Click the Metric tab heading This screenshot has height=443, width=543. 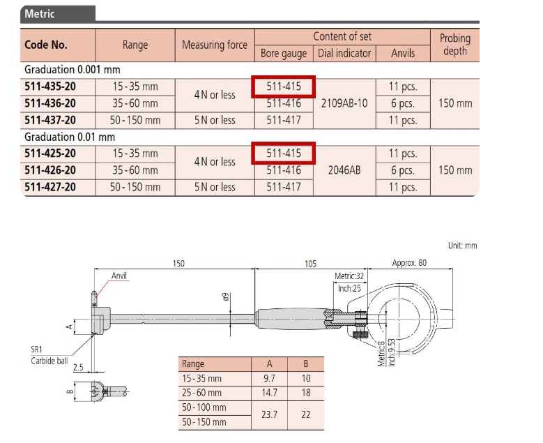click(x=40, y=14)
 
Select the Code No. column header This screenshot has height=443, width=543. click(x=46, y=45)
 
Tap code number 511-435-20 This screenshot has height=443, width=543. click(x=50, y=87)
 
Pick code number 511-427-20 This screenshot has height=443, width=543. click(x=50, y=187)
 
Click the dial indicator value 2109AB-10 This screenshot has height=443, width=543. click(x=344, y=103)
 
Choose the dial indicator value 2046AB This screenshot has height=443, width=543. click(x=344, y=170)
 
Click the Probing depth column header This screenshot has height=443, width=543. click(x=455, y=45)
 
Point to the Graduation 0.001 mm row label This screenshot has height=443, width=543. click(x=72, y=70)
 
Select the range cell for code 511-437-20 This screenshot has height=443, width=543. click(x=135, y=120)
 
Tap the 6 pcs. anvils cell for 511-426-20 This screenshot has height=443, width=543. click(x=403, y=170)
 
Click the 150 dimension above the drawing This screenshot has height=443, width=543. click(x=178, y=264)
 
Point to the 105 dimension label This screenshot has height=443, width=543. click(x=310, y=264)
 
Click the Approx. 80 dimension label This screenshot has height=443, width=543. click(x=409, y=263)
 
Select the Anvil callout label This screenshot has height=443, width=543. click(x=119, y=276)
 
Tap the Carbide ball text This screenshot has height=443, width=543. click(x=49, y=361)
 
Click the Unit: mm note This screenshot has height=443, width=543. click(x=462, y=246)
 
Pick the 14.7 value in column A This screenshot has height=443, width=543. click(x=269, y=393)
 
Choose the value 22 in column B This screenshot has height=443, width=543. click(x=305, y=414)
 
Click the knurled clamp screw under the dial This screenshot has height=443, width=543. click(x=360, y=334)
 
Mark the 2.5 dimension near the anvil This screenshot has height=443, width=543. click(x=78, y=367)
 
